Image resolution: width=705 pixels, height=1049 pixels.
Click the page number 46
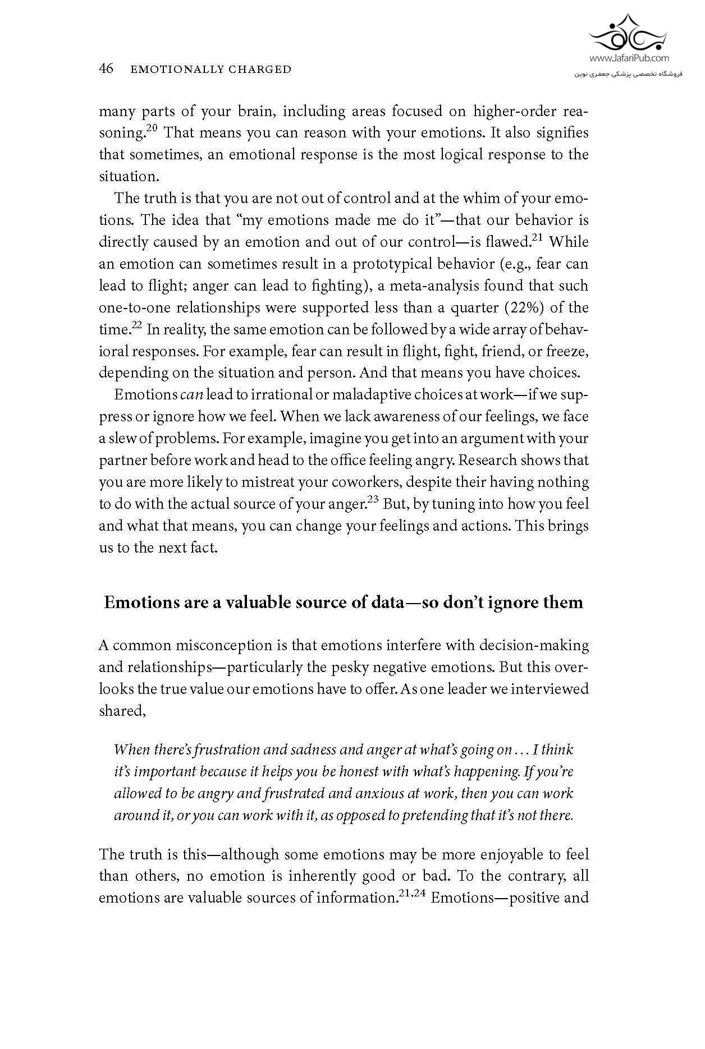click(x=106, y=69)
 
